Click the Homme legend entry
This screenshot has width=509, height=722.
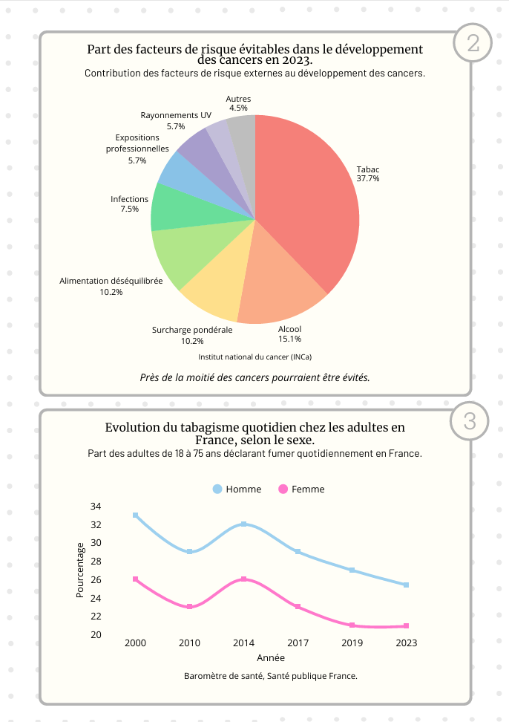coord(237,490)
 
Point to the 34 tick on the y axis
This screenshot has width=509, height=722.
coord(116,507)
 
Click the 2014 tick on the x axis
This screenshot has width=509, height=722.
coord(243,643)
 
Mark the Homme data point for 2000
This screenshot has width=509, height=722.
coord(136,516)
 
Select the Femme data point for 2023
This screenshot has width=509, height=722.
coord(407,625)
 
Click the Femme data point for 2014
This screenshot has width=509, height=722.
coord(243,579)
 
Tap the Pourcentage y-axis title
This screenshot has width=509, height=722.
coord(80,570)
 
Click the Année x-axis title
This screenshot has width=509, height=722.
coord(271,658)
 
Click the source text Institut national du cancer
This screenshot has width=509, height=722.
coord(254,357)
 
